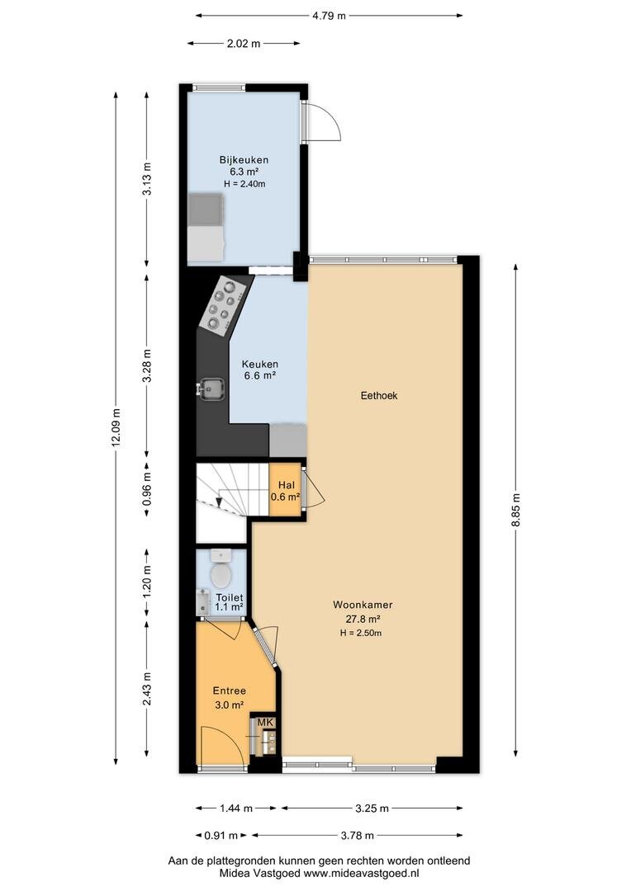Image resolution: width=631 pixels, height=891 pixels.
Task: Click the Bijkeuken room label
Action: click(x=244, y=160)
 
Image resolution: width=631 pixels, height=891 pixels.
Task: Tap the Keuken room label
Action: click(x=260, y=365)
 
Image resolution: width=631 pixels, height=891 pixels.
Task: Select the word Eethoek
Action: click(x=379, y=395)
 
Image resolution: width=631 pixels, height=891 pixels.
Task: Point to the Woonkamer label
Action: click(x=363, y=606)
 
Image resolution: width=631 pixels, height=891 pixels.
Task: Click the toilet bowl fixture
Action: click(x=221, y=568)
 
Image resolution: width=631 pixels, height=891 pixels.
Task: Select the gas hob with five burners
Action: click(x=224, y=304)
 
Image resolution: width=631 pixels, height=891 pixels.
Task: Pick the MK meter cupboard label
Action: click(x=266, y=722)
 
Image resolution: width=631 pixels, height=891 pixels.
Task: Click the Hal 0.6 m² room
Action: click(x=285, y=490)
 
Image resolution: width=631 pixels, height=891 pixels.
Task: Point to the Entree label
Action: click(x=230, y=691)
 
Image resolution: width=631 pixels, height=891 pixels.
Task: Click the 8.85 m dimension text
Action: click(x=516, y=511)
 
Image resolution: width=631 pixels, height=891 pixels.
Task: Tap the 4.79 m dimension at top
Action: click(x=329, y=16)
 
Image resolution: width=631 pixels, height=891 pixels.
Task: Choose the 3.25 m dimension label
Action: click(x=372, y=808)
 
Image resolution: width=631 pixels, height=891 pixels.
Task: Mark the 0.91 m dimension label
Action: click(x=221, y=835)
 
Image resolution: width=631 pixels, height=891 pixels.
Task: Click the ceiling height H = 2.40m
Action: click(x=244, y=183)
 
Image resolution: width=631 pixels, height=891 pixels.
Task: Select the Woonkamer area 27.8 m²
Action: click(x=363, y=620)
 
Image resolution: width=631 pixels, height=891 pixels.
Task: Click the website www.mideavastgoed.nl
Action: click(x=363, y=874)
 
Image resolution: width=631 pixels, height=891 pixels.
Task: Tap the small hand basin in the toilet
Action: click(x=202, y=602)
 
